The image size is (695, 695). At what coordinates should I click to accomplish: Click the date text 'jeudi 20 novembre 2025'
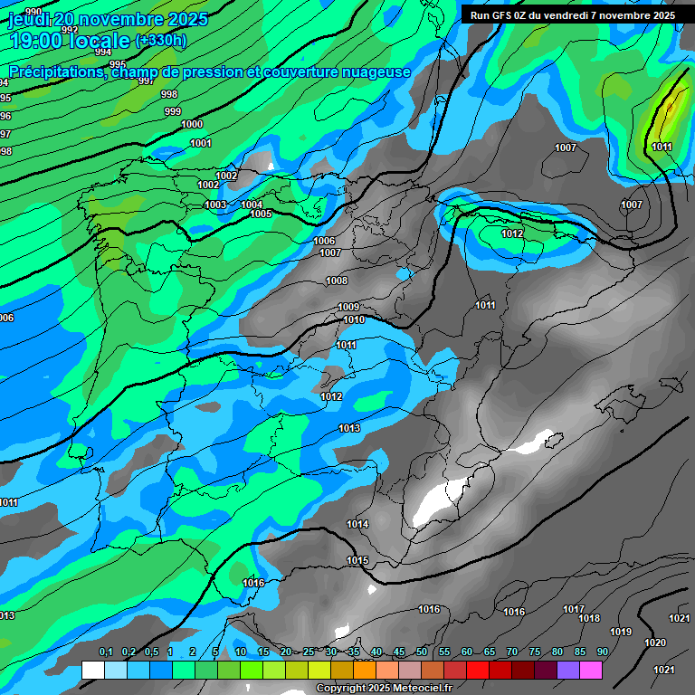108,19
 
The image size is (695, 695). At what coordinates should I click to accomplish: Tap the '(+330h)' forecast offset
161,40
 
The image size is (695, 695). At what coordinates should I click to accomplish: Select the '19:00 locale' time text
71,41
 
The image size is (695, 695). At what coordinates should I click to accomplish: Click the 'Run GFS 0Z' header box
572,14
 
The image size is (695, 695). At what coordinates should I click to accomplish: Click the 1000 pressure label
192,125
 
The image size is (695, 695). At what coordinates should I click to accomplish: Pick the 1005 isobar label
262,214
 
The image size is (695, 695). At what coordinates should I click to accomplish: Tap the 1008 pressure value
337,281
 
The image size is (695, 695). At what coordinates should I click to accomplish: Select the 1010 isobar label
354,320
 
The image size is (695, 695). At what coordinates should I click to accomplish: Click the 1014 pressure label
357,525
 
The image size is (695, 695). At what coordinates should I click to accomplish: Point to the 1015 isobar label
357,561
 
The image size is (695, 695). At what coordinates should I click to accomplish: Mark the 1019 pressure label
621,633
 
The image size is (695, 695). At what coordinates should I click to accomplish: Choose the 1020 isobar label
655,643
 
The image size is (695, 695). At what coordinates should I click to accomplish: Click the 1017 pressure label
574,610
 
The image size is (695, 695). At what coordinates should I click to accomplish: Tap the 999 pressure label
173,112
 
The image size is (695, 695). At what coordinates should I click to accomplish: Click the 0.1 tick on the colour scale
105,652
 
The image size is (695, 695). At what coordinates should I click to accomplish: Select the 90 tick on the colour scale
602,652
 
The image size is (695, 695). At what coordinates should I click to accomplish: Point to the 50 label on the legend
422,652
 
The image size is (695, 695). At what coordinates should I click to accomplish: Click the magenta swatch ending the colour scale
591,670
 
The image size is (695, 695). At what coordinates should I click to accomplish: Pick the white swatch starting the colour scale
92,670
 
